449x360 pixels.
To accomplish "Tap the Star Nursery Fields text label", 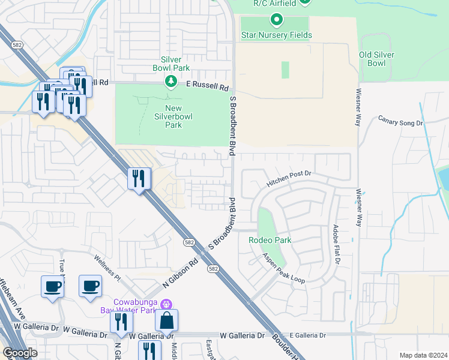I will click(276, 35).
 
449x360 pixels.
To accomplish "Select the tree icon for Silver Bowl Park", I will click(171, 81).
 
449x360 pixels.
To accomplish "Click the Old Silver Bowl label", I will click(376, 59).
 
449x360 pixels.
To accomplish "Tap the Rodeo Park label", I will click(270, 240).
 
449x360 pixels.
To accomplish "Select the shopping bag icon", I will click(166, 320).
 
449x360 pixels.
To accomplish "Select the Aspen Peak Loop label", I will click(284, 268).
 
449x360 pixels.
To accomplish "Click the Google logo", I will click(20, 353).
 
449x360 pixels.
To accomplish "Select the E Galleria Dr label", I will click(307, 335).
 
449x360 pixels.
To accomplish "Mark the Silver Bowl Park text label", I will click(175, 64).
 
